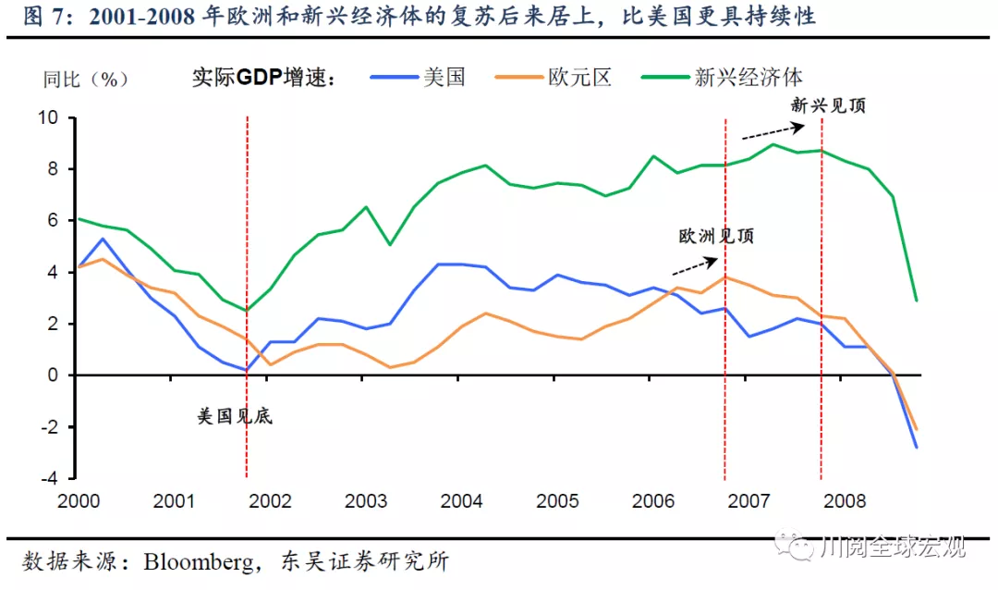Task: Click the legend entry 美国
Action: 444,78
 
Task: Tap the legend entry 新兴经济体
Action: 748,78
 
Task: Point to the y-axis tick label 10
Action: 47,118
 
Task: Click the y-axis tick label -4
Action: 50,478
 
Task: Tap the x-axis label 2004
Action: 461,501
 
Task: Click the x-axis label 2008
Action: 845,501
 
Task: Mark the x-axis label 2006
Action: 652,501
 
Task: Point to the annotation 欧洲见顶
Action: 716,236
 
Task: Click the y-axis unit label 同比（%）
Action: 86,79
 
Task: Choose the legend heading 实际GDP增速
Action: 261,78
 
